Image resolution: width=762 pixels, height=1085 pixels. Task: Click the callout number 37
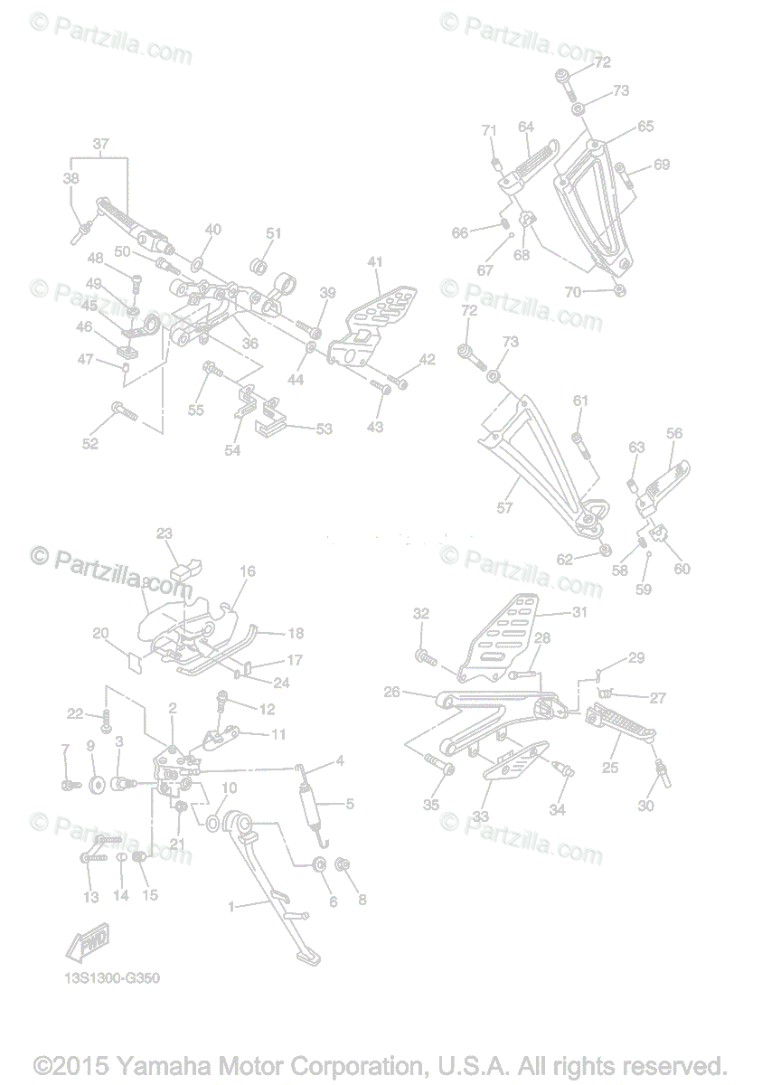[100, 144]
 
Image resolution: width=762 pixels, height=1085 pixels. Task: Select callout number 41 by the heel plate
[375, 262]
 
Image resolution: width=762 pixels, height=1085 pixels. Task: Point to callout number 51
[274, 233]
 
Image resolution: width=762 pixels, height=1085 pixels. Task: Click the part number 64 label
[526, 127]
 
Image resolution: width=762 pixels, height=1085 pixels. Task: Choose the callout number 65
[644, 127]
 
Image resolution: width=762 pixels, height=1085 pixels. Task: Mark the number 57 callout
[504, 508]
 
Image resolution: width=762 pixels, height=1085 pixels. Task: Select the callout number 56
[674, 433]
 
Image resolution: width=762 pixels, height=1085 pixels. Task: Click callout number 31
[579, 612]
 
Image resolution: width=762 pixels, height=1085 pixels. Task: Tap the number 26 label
[391, 693]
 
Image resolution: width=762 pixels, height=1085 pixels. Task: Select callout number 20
[100, 633]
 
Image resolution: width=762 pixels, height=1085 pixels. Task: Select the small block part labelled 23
[187, 570]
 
